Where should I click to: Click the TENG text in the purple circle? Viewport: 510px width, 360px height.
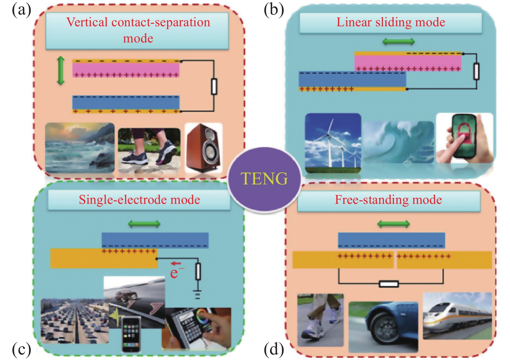tap(264, 179)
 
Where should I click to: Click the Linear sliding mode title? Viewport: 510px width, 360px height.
tap(391, 22)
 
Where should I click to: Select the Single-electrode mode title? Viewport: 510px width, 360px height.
tap(139, 200)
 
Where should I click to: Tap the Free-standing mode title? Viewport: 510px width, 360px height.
tap(388, 200)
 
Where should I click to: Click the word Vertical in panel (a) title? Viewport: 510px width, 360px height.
tap(87, 22)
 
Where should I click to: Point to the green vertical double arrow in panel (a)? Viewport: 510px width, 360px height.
tap(61, 71)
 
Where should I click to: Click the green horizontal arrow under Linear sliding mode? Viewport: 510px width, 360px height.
tap(398, 41)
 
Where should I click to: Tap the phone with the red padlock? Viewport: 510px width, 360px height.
tap(464, 138)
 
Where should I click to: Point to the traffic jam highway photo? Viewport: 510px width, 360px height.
tap(74, 321)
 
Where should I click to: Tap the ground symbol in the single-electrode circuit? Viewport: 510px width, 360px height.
tap(198, 294)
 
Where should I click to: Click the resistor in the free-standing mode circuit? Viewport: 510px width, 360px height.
tap(389, 284)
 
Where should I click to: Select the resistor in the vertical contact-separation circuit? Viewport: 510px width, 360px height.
tap(214, 86)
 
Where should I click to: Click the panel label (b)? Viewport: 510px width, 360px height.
tap(274, 9)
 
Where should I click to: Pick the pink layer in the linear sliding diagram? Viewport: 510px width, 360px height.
tap(408, 62)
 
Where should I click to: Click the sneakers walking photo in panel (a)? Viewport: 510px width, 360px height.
tap(149, 150)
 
